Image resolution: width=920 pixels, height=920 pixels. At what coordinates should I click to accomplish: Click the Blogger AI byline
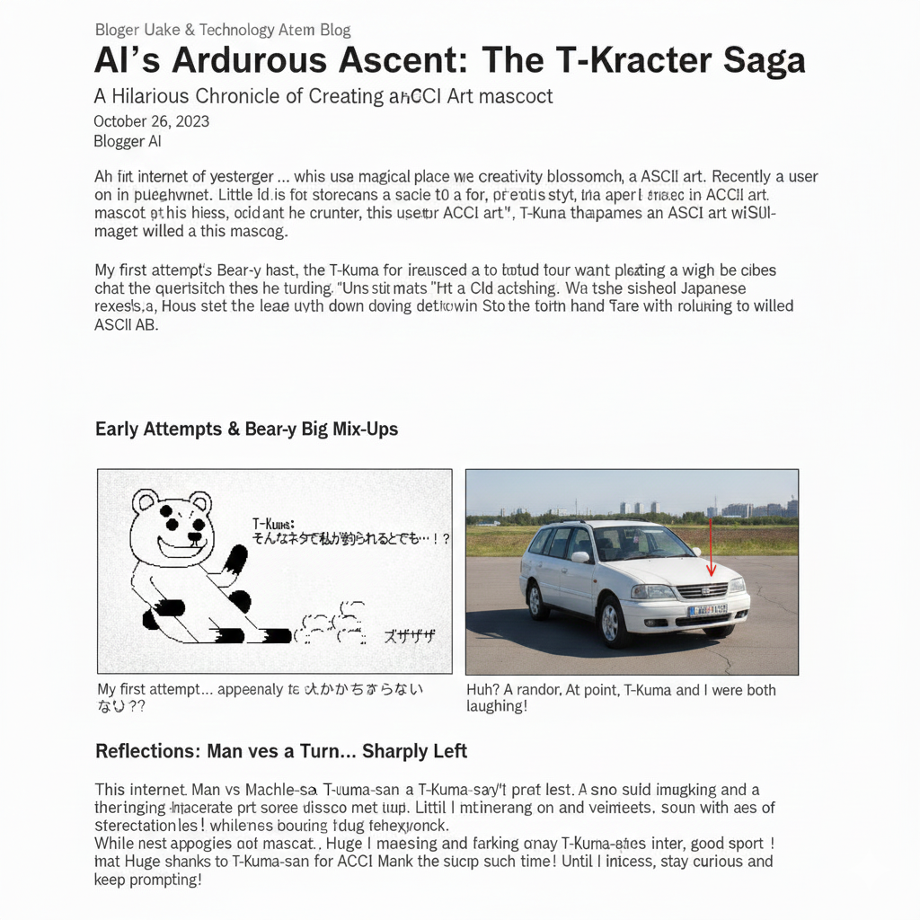pyautogui.click(x=127, y=141)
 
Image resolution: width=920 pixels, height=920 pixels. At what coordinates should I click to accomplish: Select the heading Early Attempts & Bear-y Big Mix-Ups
pyautogui.click(x=246, y=429)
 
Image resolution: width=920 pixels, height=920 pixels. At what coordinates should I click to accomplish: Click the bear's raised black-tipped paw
pyautogui.click(x=236, y=559)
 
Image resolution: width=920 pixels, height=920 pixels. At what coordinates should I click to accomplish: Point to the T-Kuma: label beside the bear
pyautogui.click(x=273, y=523)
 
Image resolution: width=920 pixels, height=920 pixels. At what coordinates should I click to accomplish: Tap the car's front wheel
pyautogui.click(x=613, y=621)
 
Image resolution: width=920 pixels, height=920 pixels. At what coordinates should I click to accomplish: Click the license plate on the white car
pyautogui.click(x=707, y=611)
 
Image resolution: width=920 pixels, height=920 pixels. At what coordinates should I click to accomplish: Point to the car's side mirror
pyautogui.click(x=581, y=557)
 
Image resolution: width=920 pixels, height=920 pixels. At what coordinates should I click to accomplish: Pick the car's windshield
pyautogui.click(x=641, y=543)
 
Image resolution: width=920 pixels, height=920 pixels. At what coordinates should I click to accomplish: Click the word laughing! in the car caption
pyautogui.click(x=496, y=707)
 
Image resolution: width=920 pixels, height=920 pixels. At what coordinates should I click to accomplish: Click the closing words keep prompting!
pyautogui.click(x=148, y=880)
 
